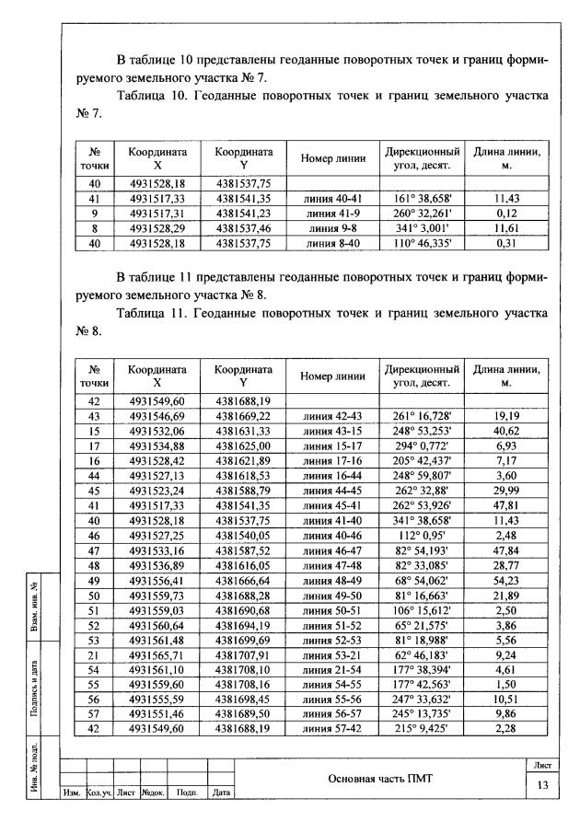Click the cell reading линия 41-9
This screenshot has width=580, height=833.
334,211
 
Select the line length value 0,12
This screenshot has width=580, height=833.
506,211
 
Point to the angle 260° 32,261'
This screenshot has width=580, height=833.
421,211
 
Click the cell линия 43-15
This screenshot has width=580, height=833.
334,429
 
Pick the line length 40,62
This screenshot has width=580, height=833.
506,429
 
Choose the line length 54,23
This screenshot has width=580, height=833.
506,583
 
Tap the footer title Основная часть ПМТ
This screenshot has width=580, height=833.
380,779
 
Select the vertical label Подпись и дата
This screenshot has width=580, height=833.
33,673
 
